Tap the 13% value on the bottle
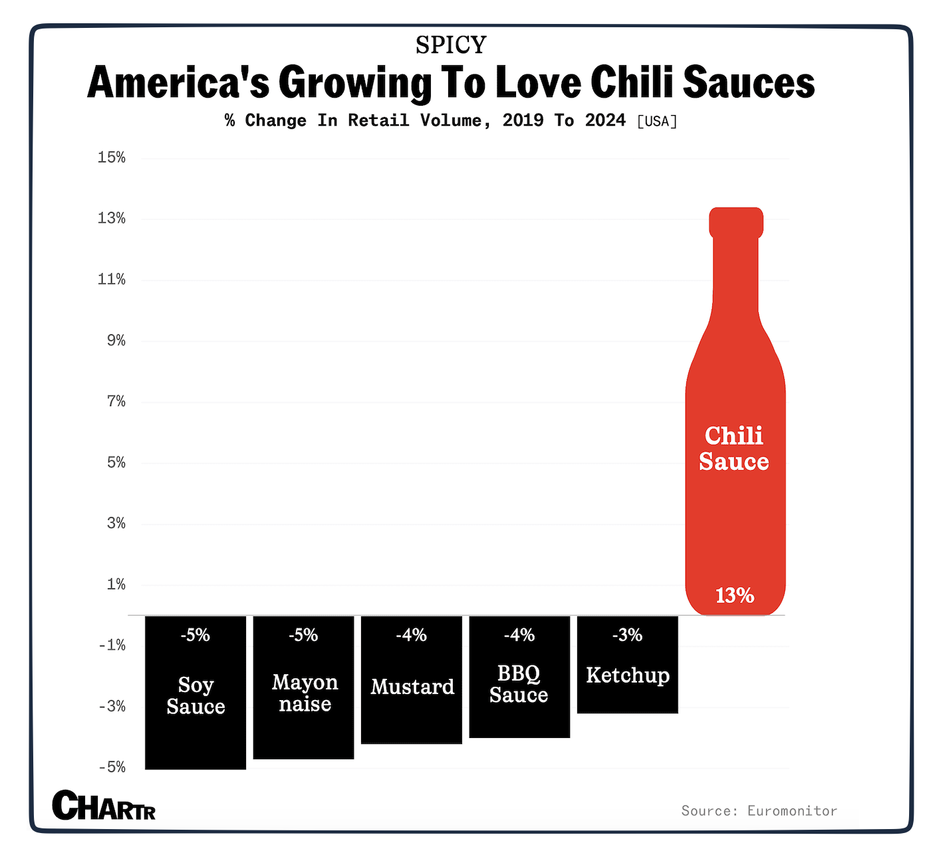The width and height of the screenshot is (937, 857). point(735,595)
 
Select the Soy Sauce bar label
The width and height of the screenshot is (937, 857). point(196,695)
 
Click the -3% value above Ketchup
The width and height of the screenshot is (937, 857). point(627,635)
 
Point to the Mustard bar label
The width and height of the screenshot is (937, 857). point(412,686)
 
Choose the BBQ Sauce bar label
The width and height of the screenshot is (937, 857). point(519,684)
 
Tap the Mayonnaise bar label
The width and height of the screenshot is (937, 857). point(305,693)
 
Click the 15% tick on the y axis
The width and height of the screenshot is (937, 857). point(112,158)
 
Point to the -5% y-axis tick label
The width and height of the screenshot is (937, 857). point(112,767)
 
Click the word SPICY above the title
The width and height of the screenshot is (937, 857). point(451,45)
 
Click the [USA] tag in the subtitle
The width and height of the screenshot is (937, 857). point(657,122)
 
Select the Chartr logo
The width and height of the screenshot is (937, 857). point(104,805)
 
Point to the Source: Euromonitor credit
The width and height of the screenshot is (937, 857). point(759,810)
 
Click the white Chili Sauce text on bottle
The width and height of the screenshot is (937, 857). point(734,448)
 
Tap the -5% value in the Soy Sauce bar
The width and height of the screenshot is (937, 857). point(195,635)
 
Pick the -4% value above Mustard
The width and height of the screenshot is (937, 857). point(411,635)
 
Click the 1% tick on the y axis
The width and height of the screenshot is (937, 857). point(116,584)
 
